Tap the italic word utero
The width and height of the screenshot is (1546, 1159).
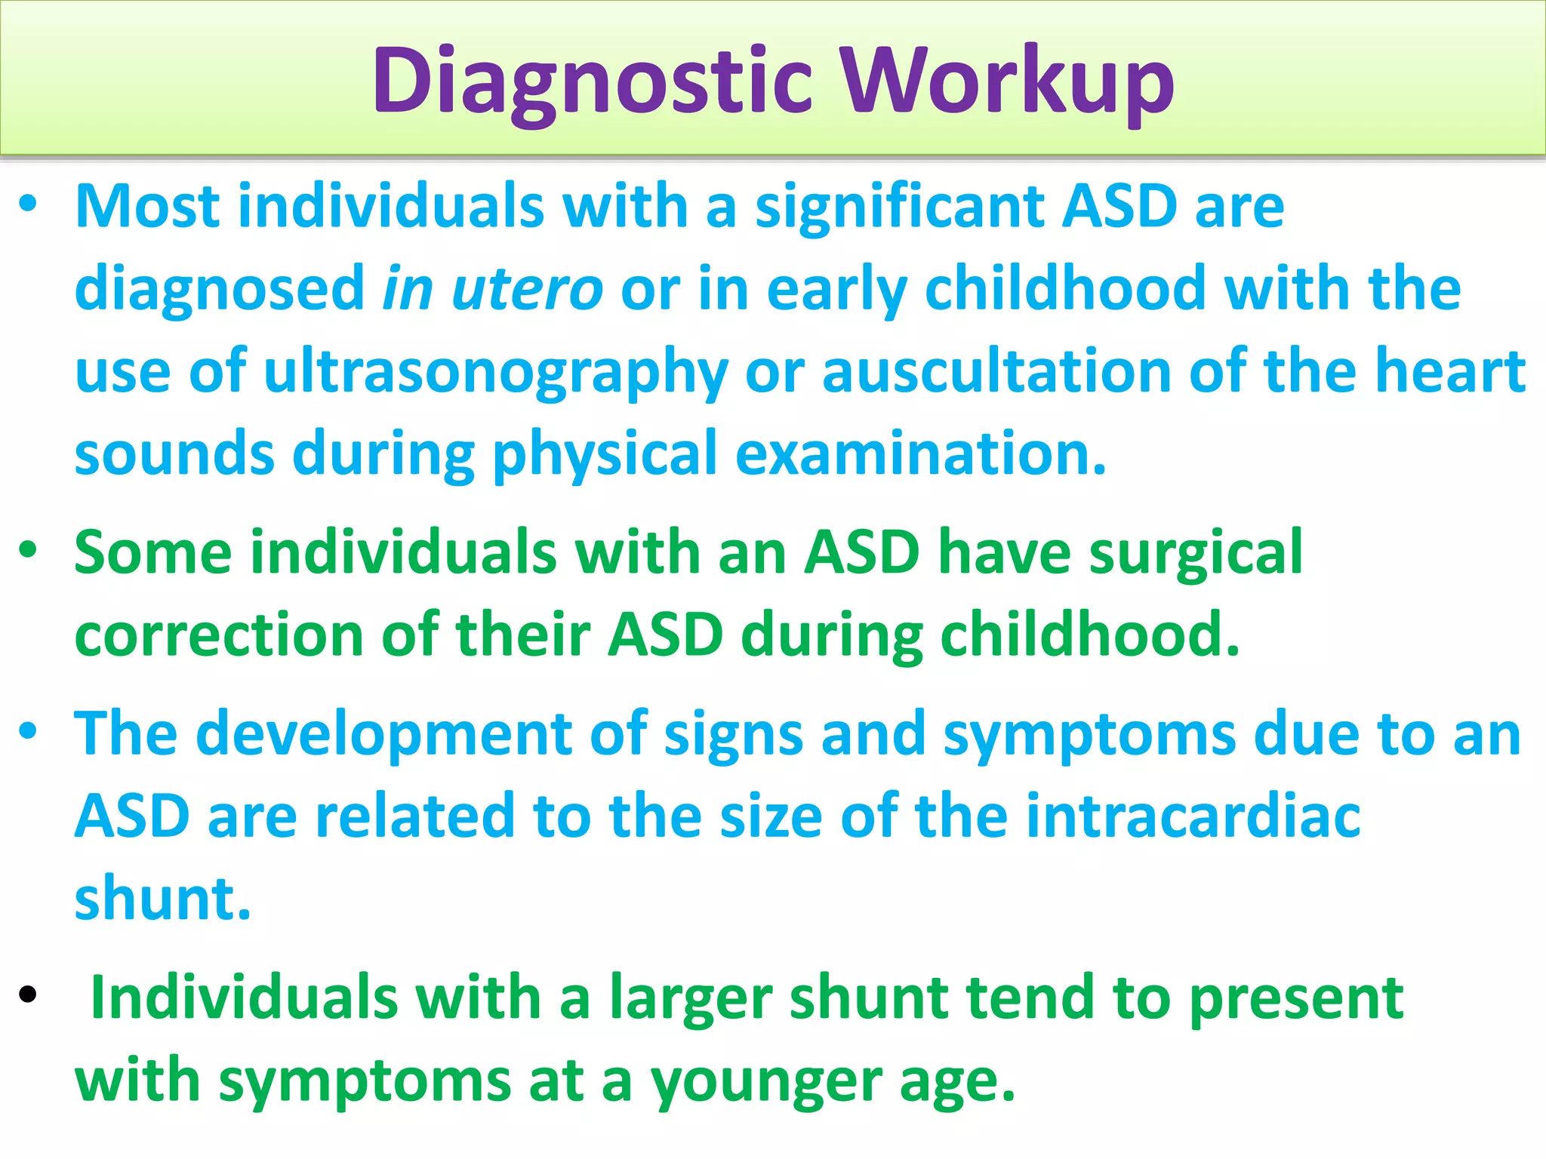pos(527,289)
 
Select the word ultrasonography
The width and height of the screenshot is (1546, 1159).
pos(495,372)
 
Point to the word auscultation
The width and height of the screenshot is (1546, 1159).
pos(996,372)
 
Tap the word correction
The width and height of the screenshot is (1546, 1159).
pos(219,635)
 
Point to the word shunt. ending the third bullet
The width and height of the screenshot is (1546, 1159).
pos(162,899)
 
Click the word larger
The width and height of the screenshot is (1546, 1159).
pos(691,998)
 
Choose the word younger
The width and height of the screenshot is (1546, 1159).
pos(766,1081)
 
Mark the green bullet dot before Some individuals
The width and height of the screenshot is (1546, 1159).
pos(28,549)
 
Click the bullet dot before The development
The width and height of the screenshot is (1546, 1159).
pos(28,730)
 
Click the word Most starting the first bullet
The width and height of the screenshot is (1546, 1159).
pos(148,207)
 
